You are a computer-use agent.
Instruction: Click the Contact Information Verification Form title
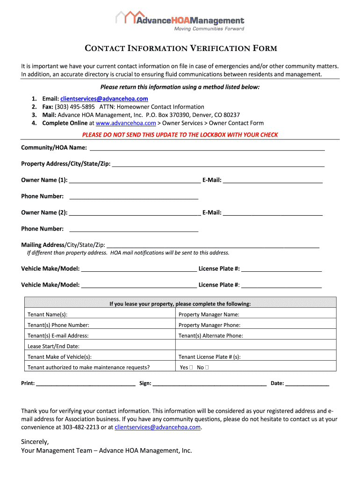[x=180, y=49]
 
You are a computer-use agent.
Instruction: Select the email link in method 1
[x=104, y=99]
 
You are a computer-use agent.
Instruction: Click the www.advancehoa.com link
[x=125, y=123]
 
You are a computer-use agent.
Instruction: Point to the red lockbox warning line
[x=180, y=135]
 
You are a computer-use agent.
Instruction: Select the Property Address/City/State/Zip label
[x=65, y=164]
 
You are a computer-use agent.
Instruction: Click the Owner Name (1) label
[x=44, y=180]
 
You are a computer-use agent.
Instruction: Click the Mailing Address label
[x=43, y=245]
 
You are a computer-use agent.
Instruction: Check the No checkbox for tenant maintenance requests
[x=207, y=368]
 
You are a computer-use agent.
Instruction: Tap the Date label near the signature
[x=277, y=384]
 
